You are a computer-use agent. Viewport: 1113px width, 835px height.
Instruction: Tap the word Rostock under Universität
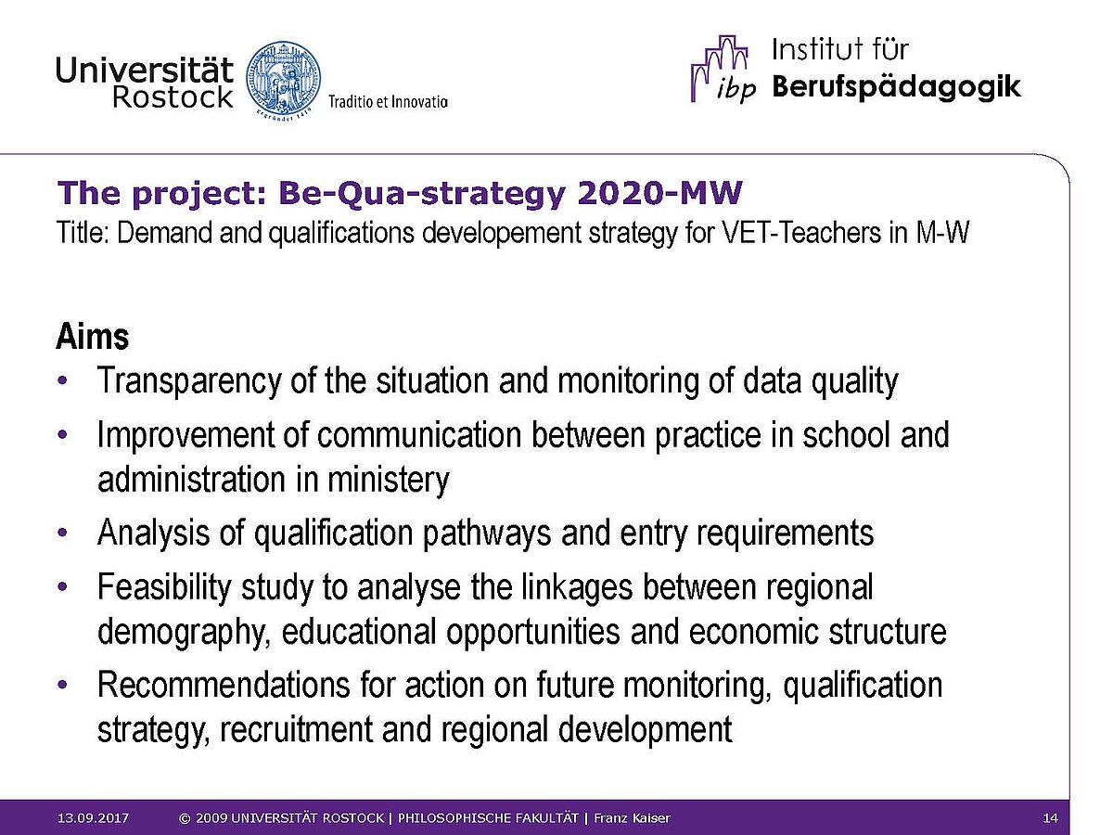click(x=173, y=96)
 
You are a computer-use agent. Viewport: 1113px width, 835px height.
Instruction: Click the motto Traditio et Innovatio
click(x=388, y=102)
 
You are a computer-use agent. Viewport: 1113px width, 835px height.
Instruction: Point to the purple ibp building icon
click(x=723, y=69)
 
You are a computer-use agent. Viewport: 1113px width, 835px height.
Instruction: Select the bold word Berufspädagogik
click(x=897, y=86)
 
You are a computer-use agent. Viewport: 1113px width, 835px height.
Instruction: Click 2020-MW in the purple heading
click(x=659, y=193)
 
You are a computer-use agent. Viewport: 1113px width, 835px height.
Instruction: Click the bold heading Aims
click(x=92, y=336)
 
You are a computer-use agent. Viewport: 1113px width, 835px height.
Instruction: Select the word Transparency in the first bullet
click(x=188, y=381)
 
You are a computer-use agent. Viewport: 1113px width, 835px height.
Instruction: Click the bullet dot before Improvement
click(x=62, y=435)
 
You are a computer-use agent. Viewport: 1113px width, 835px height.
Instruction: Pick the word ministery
click(x=388, y=480)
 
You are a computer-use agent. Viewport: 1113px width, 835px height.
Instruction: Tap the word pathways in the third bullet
click(x=487, y=533)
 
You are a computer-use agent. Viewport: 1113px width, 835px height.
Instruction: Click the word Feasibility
click(x=164, y=587)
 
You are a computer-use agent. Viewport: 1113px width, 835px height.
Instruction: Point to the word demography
click(x=183, y=632)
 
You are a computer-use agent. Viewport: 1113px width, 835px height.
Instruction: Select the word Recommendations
click(x=224, y=685)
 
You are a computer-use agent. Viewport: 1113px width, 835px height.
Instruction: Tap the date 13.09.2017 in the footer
click(x=93, y=817)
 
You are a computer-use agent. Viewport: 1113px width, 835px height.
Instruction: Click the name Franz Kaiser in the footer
click(x=632, y=817)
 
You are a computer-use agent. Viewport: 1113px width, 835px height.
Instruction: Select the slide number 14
click(x=1050, y=817)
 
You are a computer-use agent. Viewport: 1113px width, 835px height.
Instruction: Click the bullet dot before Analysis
click(x=62, y=533)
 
